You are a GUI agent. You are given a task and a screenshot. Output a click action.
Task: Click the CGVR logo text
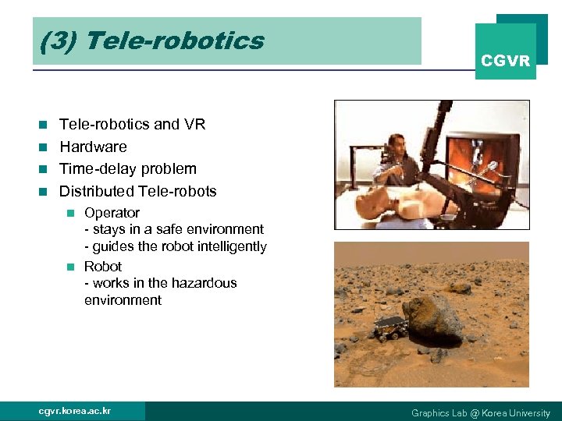click(x=505, y=61)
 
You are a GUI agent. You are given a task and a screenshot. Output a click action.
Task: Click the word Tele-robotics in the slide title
click(x=176, y=41)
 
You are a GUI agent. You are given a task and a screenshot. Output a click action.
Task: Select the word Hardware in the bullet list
click(x=93, y=147)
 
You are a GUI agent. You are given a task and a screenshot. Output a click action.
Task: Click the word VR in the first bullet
click(x=195, y=124)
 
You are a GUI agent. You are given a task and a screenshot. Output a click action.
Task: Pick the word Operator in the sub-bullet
click(x=112, y=213)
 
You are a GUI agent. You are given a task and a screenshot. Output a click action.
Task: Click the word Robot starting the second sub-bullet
click(x=103, y=267)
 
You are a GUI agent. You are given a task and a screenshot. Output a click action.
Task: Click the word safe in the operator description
click(x=165, y=229)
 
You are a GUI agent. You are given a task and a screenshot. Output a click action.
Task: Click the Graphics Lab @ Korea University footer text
click(x=480, y=412)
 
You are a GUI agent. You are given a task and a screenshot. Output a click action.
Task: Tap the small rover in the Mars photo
click(x=390, y=327)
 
